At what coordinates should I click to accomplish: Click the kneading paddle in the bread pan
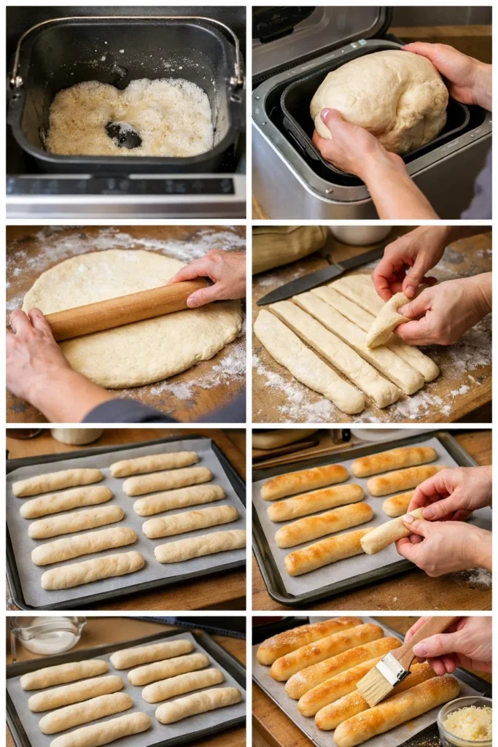point(123,134)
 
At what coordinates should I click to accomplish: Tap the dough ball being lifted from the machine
point(379,99)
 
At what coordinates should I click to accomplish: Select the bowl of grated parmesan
point(465,721)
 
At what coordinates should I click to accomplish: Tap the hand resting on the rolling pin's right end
point(216,277)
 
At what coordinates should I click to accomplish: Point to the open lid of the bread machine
point(321,36)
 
